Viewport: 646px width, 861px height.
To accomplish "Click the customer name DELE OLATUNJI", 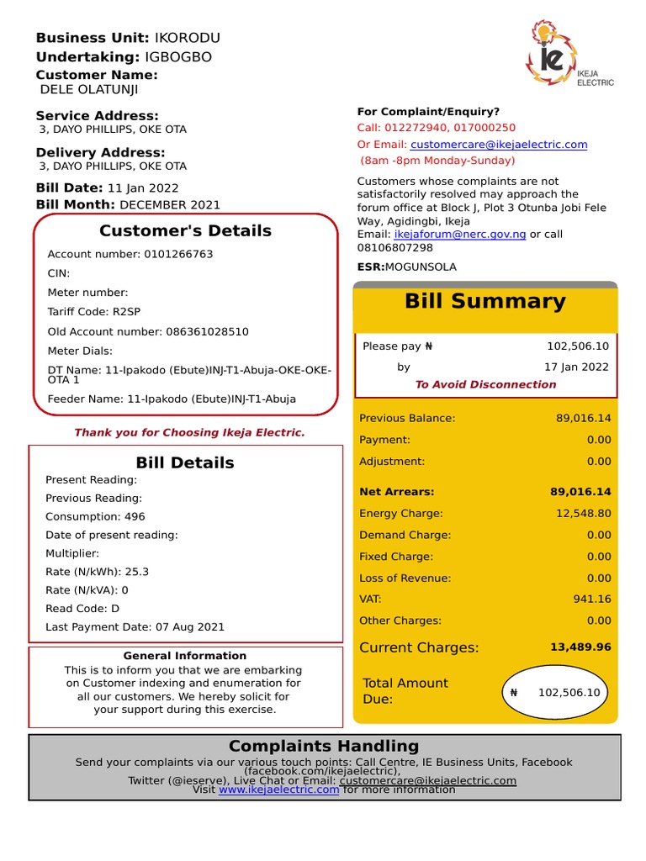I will tap(89, 90).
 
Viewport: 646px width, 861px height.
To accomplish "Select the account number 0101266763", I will tap(178, 254).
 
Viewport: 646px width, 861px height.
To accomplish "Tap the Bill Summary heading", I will tap(485, 302).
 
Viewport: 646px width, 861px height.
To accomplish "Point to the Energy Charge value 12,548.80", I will tap(582, 514).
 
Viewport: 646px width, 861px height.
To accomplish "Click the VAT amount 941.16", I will tap(593, 600).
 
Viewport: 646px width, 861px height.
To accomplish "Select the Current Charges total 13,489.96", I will tap(580, 647).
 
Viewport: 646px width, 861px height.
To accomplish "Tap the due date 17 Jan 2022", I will tap(576, 367).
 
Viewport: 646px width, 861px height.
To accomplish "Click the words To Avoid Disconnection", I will tap(485, 385).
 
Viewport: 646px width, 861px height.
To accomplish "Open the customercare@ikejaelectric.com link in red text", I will tap(499, 145).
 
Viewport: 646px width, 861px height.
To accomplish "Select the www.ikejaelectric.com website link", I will tap(278, 790).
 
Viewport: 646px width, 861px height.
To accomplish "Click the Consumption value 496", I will tap(135, 517).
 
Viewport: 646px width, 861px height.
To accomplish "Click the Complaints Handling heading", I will tap(324, 746).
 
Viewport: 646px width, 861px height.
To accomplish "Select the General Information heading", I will tap(185, 656).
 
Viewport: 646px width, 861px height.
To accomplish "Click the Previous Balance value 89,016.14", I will tap(583, 418).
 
